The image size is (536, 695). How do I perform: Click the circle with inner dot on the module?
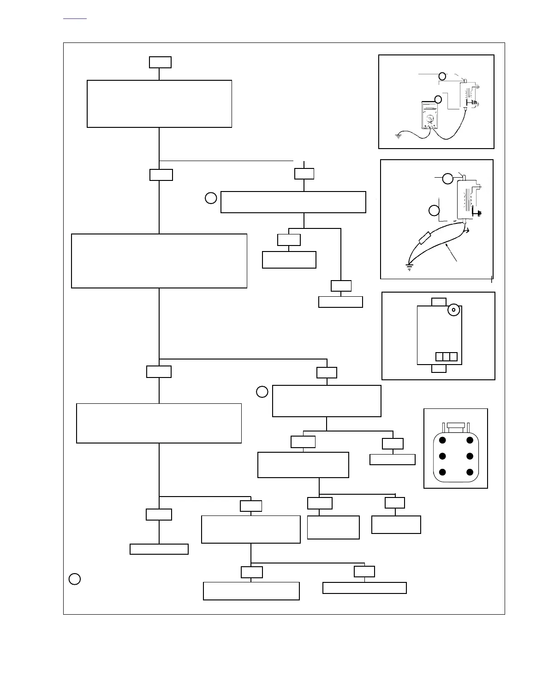[x=453, y=310]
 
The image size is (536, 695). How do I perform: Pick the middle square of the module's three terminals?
[x=447, y=357]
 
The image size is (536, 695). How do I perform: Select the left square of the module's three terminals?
[x=440, y=357]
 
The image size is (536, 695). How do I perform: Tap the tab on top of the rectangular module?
[x=439, y=302]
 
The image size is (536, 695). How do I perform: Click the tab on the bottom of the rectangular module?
[x=439, y=369]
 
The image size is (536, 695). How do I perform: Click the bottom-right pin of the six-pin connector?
[x=470, y=472]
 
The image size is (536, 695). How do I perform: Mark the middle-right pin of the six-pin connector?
[x=470, y=456]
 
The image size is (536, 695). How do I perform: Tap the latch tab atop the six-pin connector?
[x=456, y=425]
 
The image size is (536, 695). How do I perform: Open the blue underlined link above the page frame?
[x=74, y=18]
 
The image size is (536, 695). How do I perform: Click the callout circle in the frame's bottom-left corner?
[x=75, y=579]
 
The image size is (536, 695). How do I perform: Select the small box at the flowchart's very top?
[x=160, y=62]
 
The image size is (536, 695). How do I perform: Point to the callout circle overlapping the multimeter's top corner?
[x=438, y=99]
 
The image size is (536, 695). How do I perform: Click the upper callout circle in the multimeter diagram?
[x=442, y=76]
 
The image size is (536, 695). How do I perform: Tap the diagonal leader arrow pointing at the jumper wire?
[x=451, y=254]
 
